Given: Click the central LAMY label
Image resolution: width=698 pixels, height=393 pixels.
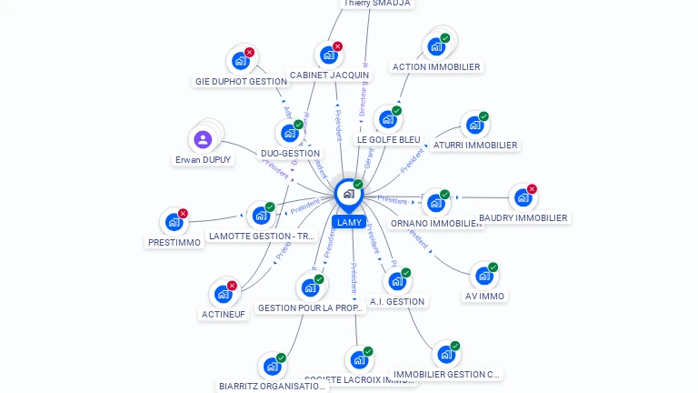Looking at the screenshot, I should pyautogui.click(x=349, y=222).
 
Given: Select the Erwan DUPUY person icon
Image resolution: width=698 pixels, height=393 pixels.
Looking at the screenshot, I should pyautogui.click(x=203, y=139).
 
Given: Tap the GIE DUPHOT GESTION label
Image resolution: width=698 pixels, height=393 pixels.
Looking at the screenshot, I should pyautogui.click(x=241, y=81).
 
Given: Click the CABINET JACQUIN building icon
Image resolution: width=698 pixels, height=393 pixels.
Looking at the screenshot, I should pyautogui.click(x=328, y=55).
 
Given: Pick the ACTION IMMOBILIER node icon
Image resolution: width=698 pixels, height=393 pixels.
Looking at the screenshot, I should pyautogui.click(x=436, y=46).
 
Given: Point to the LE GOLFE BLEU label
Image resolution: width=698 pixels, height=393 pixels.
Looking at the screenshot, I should pyautogui.click(x=388, y=139).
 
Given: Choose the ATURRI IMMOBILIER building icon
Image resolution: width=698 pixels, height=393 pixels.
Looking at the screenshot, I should pyautogui.click(x=474, y=125).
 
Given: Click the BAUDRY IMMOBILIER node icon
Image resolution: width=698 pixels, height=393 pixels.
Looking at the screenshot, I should pyautogui.click(x=522, y=197).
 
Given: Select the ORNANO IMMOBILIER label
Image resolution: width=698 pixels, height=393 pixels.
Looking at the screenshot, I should pyautogui.click(x=436, y=223).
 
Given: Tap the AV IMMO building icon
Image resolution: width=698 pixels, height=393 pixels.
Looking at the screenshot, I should pyautogui.click(x=484, y=275).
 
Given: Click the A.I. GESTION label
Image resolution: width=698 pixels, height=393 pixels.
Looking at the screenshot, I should pyautogui.click(x=397, y=301).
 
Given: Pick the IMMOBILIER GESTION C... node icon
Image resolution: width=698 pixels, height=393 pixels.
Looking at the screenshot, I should pyautogui.click(x=445, y=354).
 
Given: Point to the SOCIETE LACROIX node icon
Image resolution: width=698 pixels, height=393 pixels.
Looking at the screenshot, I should pyautogui.click(x=359, y=359).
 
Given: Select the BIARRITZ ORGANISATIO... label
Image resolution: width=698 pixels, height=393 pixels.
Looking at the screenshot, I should pyautogui.click(x=273, y=386).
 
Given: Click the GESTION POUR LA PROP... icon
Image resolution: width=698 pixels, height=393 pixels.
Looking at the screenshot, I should pyautogui.click(x=310, y=287).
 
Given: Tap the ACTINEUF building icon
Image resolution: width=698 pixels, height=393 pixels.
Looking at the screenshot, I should pyautogui.click(x=223, y=294).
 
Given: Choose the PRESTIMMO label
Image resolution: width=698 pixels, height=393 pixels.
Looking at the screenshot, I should pyautogui.click(x=174, y=242).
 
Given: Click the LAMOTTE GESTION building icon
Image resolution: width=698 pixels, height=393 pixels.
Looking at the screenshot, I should pyautogui.click(x=261, y=216).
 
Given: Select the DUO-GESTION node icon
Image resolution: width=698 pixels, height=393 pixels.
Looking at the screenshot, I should pyautogui.click(x=289, y=133).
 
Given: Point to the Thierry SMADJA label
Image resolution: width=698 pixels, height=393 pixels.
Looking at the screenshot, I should pyautogui.click(x=377, y=4).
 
